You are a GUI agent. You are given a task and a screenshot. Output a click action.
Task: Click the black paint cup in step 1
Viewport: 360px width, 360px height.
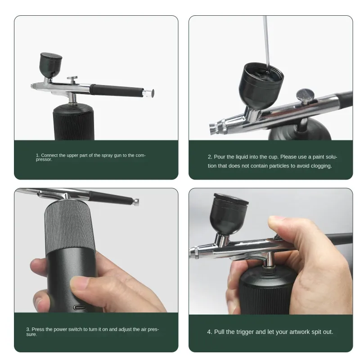(51, 65)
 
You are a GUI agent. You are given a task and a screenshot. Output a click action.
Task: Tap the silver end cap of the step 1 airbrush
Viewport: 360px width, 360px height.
(148, 92)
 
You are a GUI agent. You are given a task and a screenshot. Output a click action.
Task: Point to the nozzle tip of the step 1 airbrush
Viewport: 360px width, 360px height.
(32, 85)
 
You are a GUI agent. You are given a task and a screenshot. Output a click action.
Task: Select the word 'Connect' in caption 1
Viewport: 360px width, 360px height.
(49, 155)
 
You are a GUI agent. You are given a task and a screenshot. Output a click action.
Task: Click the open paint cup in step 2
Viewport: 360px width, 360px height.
(261, 85)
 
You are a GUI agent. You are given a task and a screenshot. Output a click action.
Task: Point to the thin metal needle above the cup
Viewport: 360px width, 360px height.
(266, 42)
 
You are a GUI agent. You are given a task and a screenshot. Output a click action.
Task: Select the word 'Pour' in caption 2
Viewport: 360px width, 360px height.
(220, 157)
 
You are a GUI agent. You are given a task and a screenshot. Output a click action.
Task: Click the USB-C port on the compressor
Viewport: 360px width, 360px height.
(80, 307)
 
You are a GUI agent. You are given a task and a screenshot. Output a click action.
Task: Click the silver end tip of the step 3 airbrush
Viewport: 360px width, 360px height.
(136, 202)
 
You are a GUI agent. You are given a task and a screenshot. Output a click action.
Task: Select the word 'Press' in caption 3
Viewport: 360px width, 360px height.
(38, 329)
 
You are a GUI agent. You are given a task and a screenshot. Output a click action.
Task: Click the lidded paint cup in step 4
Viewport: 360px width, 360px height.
(229, 214)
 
